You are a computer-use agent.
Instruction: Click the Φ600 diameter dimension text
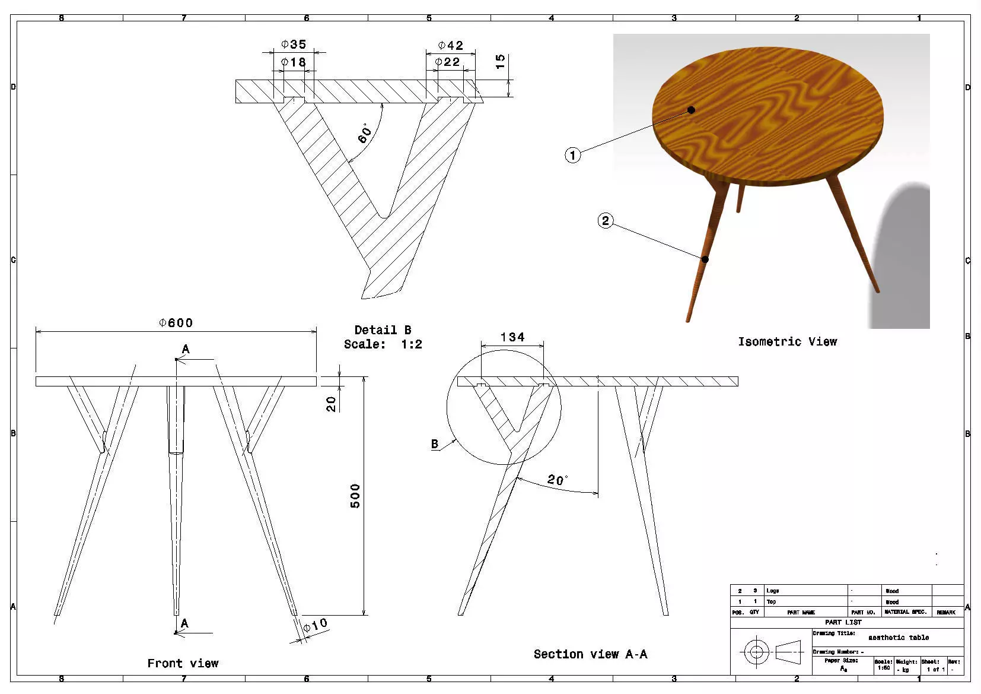pos(176,323)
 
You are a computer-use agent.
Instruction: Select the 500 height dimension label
pos(355,496)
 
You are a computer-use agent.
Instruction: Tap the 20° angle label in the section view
pos(558,480)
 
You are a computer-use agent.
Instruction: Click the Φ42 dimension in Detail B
pos(451,46)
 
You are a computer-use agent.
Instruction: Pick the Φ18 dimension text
pos(294,62)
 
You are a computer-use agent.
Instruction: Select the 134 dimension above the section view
pos(512,337)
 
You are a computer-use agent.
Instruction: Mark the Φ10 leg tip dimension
pos(315,626)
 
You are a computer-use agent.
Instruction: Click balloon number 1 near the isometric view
pos(572,156)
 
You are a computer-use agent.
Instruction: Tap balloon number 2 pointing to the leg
pos(605,221)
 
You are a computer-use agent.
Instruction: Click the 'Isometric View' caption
pos(787,341)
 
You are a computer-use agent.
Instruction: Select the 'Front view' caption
pos(183,663)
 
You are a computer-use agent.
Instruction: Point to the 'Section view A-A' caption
pos(590,654)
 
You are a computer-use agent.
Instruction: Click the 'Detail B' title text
pos(383,330)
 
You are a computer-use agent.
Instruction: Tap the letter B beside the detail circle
pos(435,443)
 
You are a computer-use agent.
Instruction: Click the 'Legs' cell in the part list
pos(773,591)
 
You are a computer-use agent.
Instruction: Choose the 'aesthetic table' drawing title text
pos(899,638)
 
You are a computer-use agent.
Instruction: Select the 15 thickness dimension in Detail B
pos(500,61)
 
